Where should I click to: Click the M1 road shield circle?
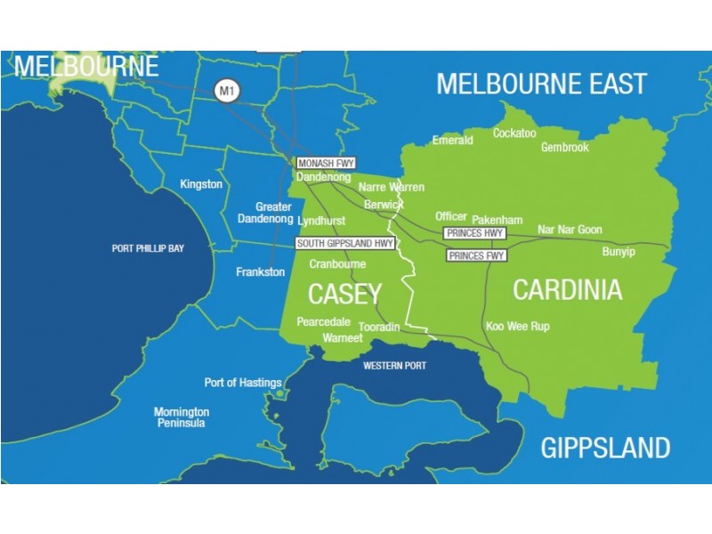[226, 90]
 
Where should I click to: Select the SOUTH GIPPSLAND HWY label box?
[345, 243]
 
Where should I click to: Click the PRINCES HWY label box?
[474, 233]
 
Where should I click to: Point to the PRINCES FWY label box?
[476, 255]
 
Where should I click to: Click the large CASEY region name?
[344, 294]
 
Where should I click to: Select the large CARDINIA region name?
[567, 290]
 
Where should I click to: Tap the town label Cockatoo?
[514, 133]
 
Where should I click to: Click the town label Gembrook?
[564, 148]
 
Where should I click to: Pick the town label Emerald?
[452, 141]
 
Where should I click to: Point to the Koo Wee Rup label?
[517, 327]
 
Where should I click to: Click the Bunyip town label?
[619, 252]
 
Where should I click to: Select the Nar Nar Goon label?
[570, 230]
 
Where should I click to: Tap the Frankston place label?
[260, 272]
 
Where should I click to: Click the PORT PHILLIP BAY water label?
[148, 248]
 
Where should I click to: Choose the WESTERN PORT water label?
[394, 366]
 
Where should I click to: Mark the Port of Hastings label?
[243, 383]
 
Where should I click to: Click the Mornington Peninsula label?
[182, 417]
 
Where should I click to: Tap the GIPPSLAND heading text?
[605, 447]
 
